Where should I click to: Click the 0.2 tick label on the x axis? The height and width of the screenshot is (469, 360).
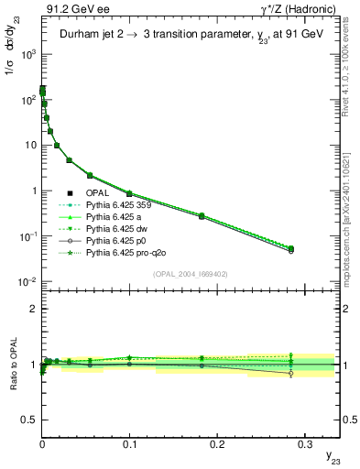pyautogui.click(x=217, y=443)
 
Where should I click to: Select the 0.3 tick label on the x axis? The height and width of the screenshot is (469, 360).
pyautogui.click(x=304, y=443)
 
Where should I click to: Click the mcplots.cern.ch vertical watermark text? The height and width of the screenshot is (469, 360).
pyautogui.click(x=352, y=220)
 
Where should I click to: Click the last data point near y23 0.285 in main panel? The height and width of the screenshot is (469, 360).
pyautogui.click(x=291, y=248)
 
